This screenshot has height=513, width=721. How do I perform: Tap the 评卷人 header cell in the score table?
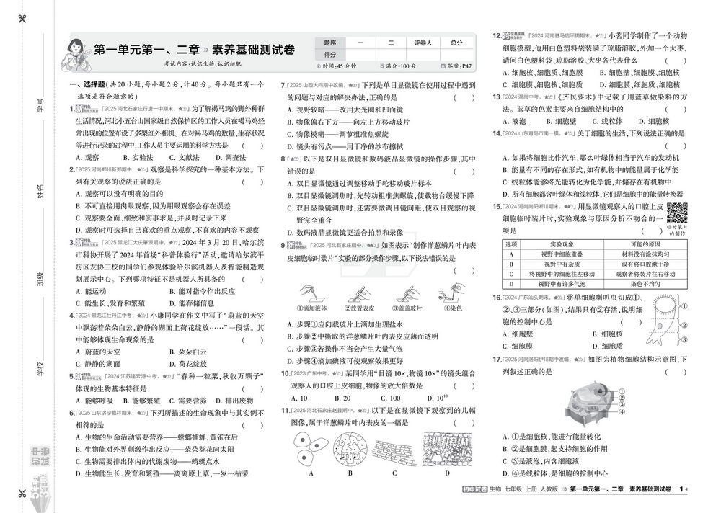423,43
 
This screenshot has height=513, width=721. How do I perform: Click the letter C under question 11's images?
394,473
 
